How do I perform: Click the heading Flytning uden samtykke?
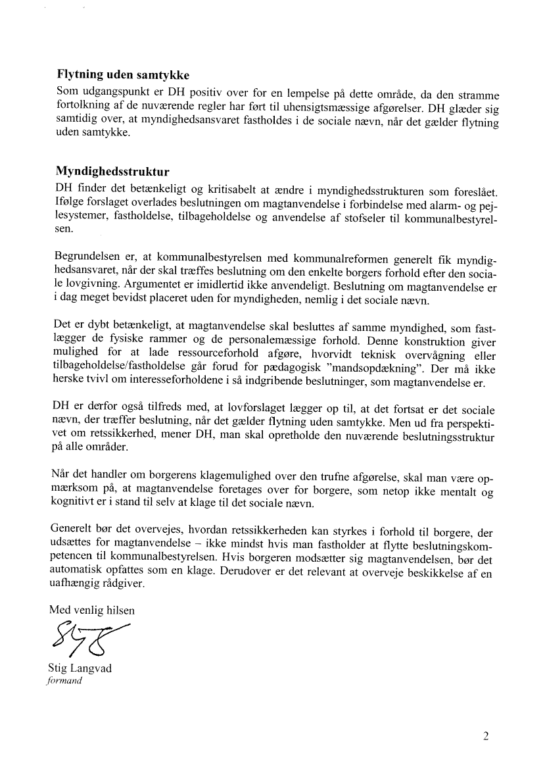click(124, 75)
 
